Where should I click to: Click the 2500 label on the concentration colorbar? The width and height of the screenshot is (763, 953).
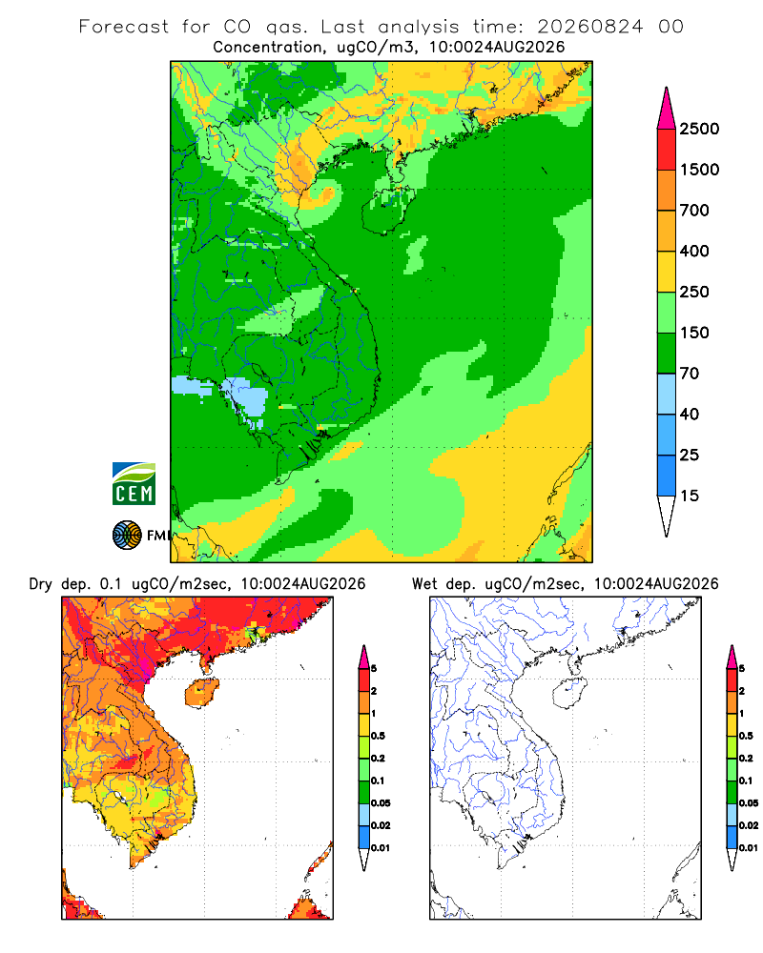(x=699, y=129)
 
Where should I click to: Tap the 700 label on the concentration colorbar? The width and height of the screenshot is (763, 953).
(x=694, y=211)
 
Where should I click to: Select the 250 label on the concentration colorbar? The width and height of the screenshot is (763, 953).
(x=694, y=292)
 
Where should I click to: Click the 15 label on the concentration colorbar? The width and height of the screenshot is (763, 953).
(x=690, y=496)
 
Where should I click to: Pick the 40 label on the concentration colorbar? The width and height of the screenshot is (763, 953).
(x=690, y=415)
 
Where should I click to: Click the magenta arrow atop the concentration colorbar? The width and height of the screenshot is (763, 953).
(x=667, y=109)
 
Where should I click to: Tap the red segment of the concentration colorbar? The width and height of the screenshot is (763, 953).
(x=667, y=150)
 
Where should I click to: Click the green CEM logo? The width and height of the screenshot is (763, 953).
(x=134, y=484)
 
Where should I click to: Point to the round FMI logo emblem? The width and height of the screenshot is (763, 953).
(x=127, y=536)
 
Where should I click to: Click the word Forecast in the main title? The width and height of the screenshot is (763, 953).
(x=124, y=27)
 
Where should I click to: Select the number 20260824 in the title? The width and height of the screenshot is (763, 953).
(x=589, y=27)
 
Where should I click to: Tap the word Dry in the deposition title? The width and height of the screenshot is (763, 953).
(x=41, y=585)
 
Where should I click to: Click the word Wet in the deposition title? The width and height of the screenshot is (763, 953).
(x=424, y=584)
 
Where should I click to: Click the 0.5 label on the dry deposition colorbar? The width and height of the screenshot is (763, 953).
(x=378, y=736)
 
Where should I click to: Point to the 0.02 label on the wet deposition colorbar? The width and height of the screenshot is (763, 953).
(x=749, y=825)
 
